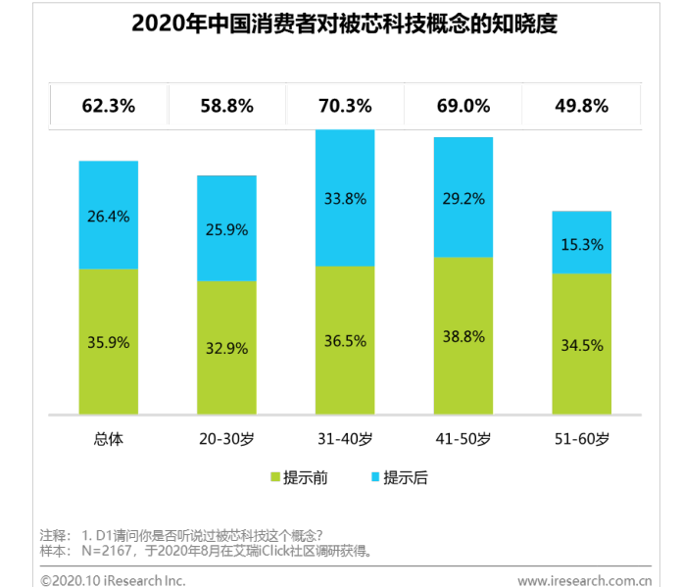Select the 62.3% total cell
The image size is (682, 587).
[109, 106]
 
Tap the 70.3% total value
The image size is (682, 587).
[344, 106]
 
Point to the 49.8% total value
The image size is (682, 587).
[581, 106]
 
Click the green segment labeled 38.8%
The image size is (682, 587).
[463, 334]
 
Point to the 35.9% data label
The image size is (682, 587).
[109, 343]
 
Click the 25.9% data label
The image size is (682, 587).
[227, 229]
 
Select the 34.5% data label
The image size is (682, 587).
[581, 345]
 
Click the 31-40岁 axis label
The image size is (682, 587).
[344, 437]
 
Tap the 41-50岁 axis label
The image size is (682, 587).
[463, 437]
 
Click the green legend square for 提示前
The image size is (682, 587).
[275, 478]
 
